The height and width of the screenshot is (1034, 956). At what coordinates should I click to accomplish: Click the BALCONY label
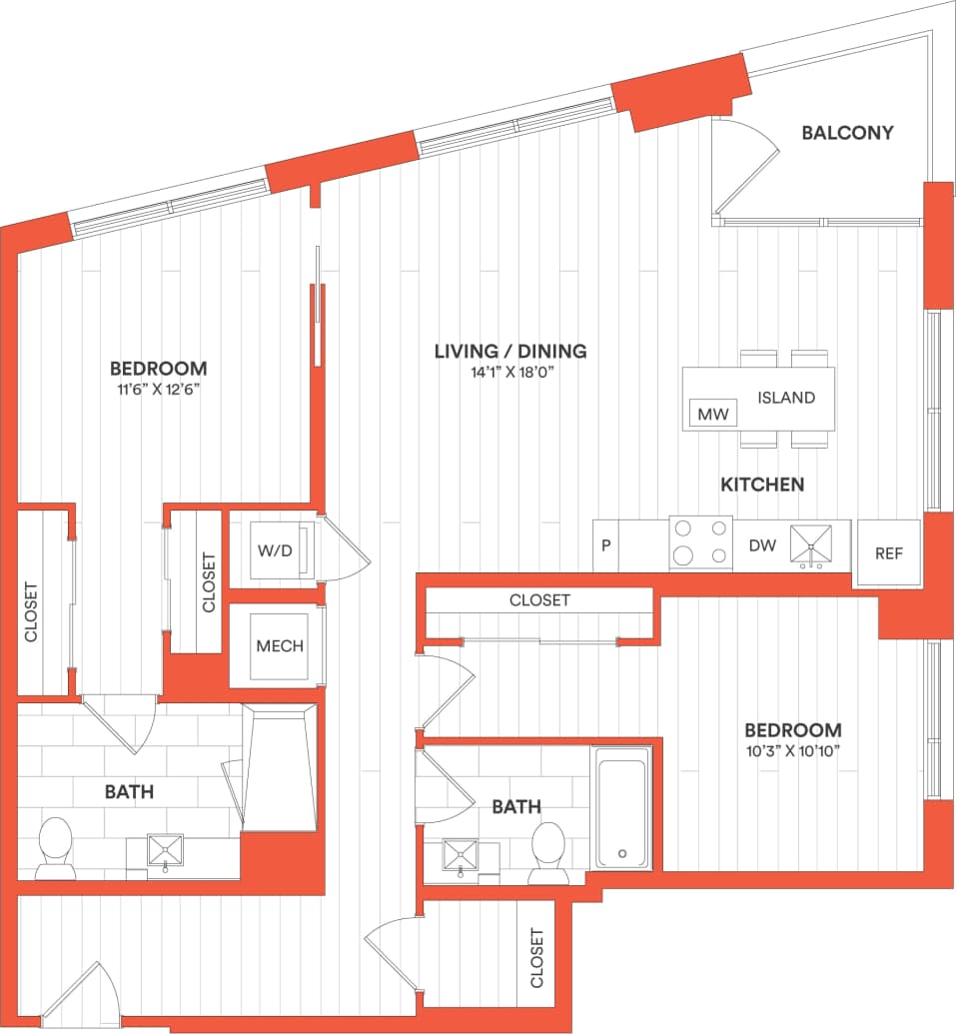(x=847, y=132)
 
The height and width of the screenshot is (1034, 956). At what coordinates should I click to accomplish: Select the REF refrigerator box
(x=888, y=552)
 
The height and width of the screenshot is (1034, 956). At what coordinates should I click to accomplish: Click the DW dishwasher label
(x=762, y=545)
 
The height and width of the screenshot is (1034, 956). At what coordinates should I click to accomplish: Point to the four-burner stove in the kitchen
(x=700, y=543)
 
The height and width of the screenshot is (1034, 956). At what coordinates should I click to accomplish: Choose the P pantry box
(x=605, y=545)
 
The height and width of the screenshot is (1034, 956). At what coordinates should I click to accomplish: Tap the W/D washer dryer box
(x=276, y=548)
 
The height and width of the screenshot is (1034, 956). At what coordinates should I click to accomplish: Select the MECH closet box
(x=279, y=645)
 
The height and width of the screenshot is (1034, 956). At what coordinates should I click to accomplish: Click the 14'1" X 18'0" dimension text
(x=509, y=374)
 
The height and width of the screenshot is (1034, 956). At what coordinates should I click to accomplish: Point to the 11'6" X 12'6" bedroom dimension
(x=158, y=390)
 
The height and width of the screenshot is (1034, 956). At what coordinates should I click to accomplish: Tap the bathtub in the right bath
(x=622, y=810)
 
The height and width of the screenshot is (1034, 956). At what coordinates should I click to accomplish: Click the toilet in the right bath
(x=548, y=851)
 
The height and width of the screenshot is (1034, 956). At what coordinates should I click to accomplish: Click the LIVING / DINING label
(x=509, y=352)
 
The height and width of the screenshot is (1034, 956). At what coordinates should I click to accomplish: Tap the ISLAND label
(x=785, y=398)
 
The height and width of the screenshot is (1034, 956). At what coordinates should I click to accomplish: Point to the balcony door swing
(x=747, y=170)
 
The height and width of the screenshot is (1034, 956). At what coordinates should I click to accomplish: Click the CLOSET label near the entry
(x=537, y=958)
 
